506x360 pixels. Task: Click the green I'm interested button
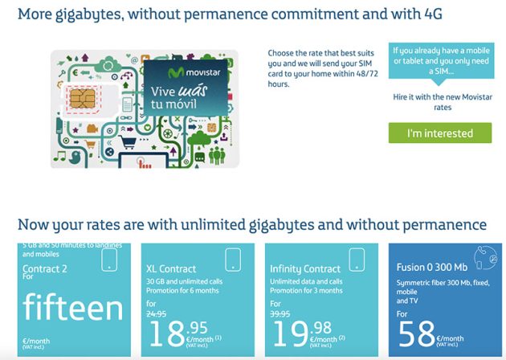coord(439,133)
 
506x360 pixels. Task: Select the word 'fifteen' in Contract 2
coord(71,309)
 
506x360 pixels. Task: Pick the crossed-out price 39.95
coord(282,314)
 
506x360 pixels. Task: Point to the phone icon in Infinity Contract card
coord(357,259)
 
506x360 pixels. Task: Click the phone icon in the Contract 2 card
coord(110,259)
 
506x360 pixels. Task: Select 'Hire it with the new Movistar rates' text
coord(439,101)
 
